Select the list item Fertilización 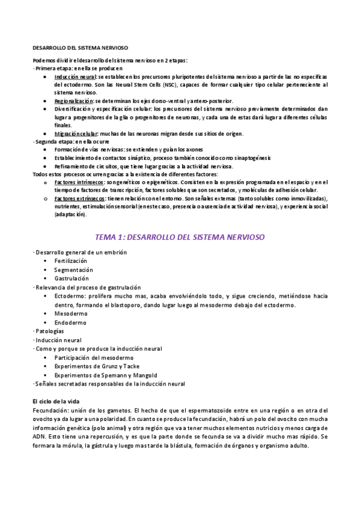[70, 262]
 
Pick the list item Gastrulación [72, 278]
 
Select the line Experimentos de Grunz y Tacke [96, 366]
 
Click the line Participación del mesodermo [93, 358]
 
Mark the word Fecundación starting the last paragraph [52, 410]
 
